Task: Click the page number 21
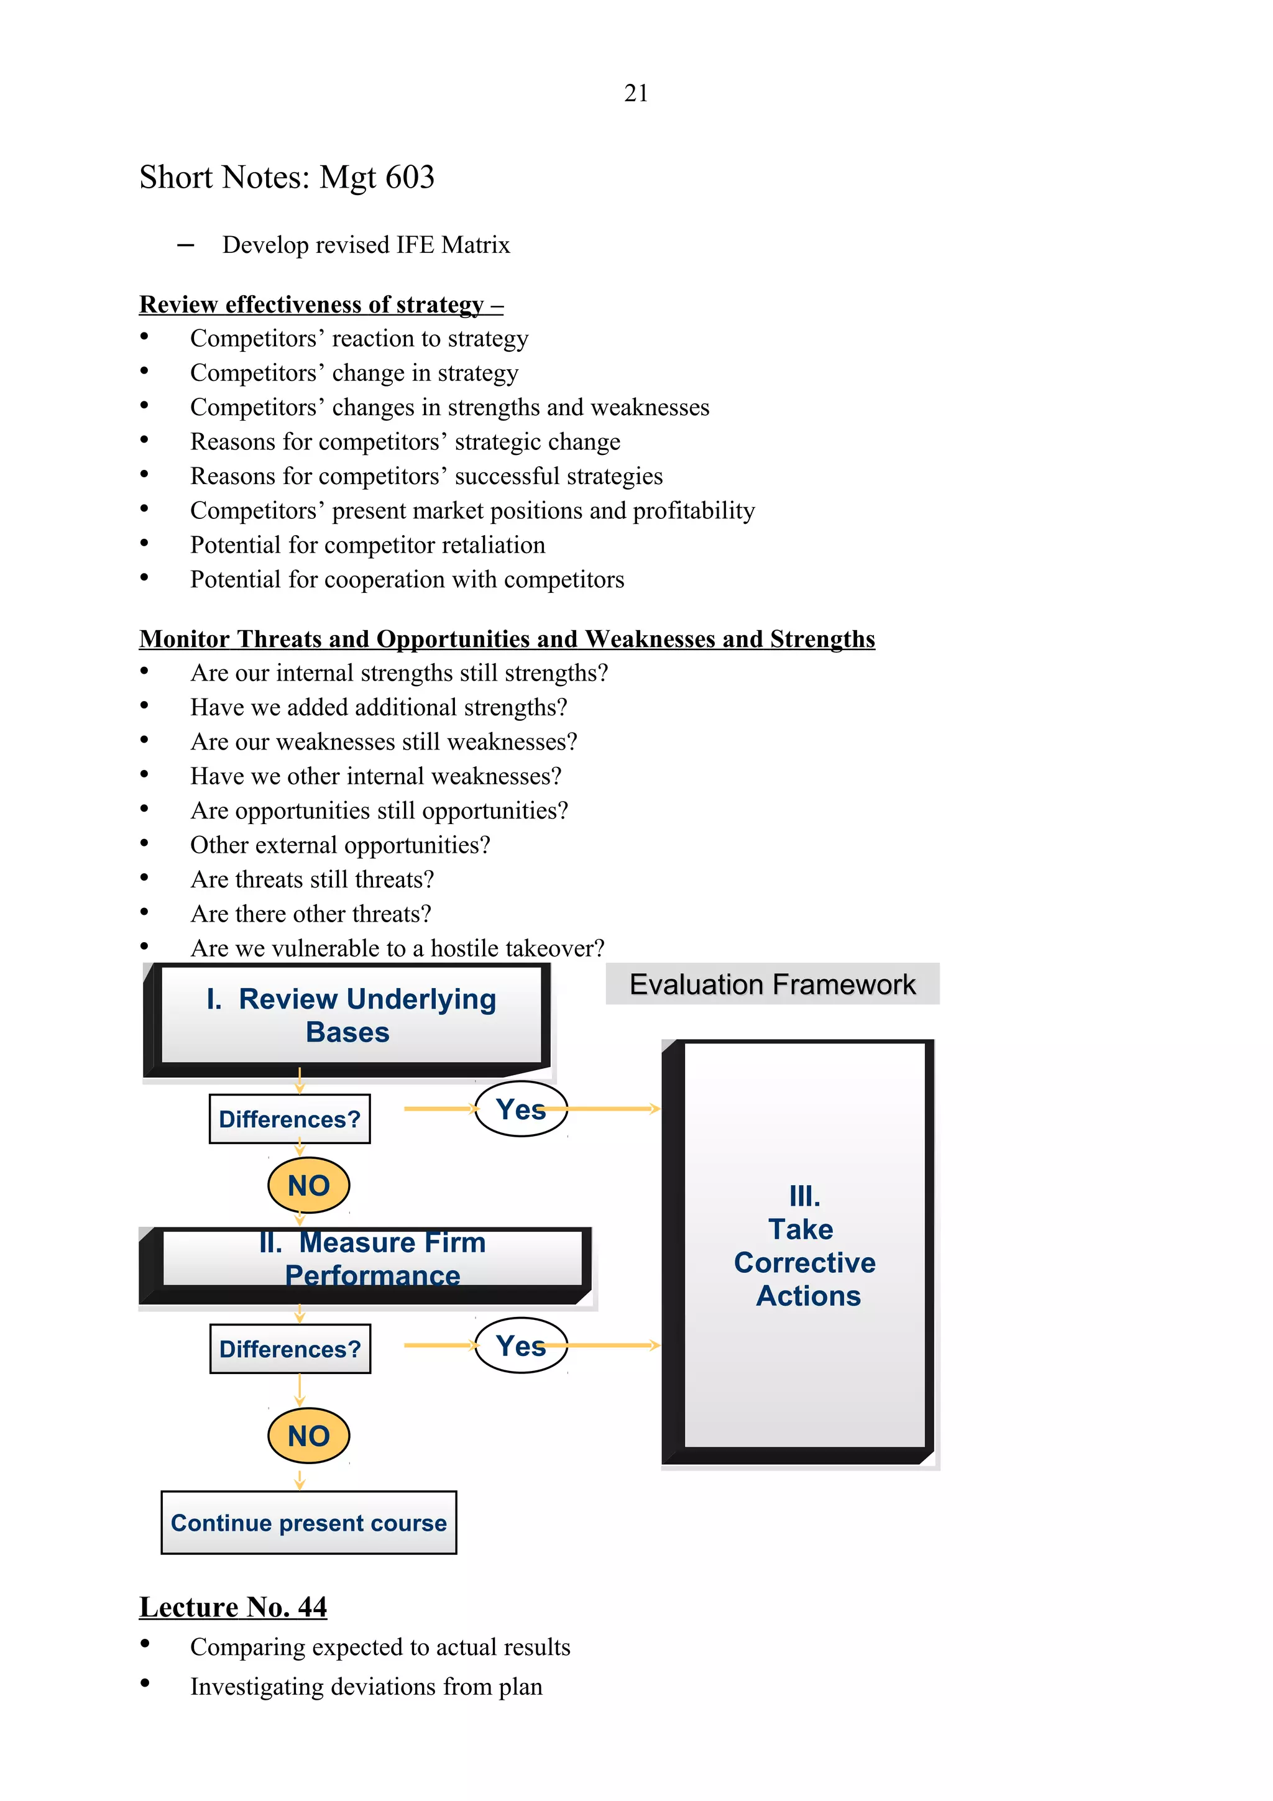(636, 93)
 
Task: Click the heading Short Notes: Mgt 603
(287, 177)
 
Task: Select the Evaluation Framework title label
(772, 984)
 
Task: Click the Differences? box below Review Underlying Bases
(290, 1119)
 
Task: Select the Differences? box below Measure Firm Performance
(290, 1349)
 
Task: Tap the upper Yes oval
(521, 1109)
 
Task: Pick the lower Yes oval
(521, 1346)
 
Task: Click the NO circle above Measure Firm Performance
(308, 1185)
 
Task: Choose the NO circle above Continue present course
(308, 1436)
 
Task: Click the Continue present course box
(308, 1523)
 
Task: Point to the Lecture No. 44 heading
(233, 1607)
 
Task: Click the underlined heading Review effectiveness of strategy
(321, 305)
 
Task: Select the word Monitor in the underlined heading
(185, 639)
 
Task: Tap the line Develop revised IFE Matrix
(365, 245)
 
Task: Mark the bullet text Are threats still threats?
(312, 879)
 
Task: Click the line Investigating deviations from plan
(366, 1687)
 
